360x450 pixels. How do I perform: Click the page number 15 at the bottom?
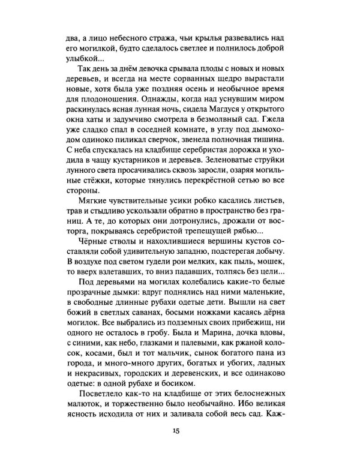[x=175, y=430]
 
